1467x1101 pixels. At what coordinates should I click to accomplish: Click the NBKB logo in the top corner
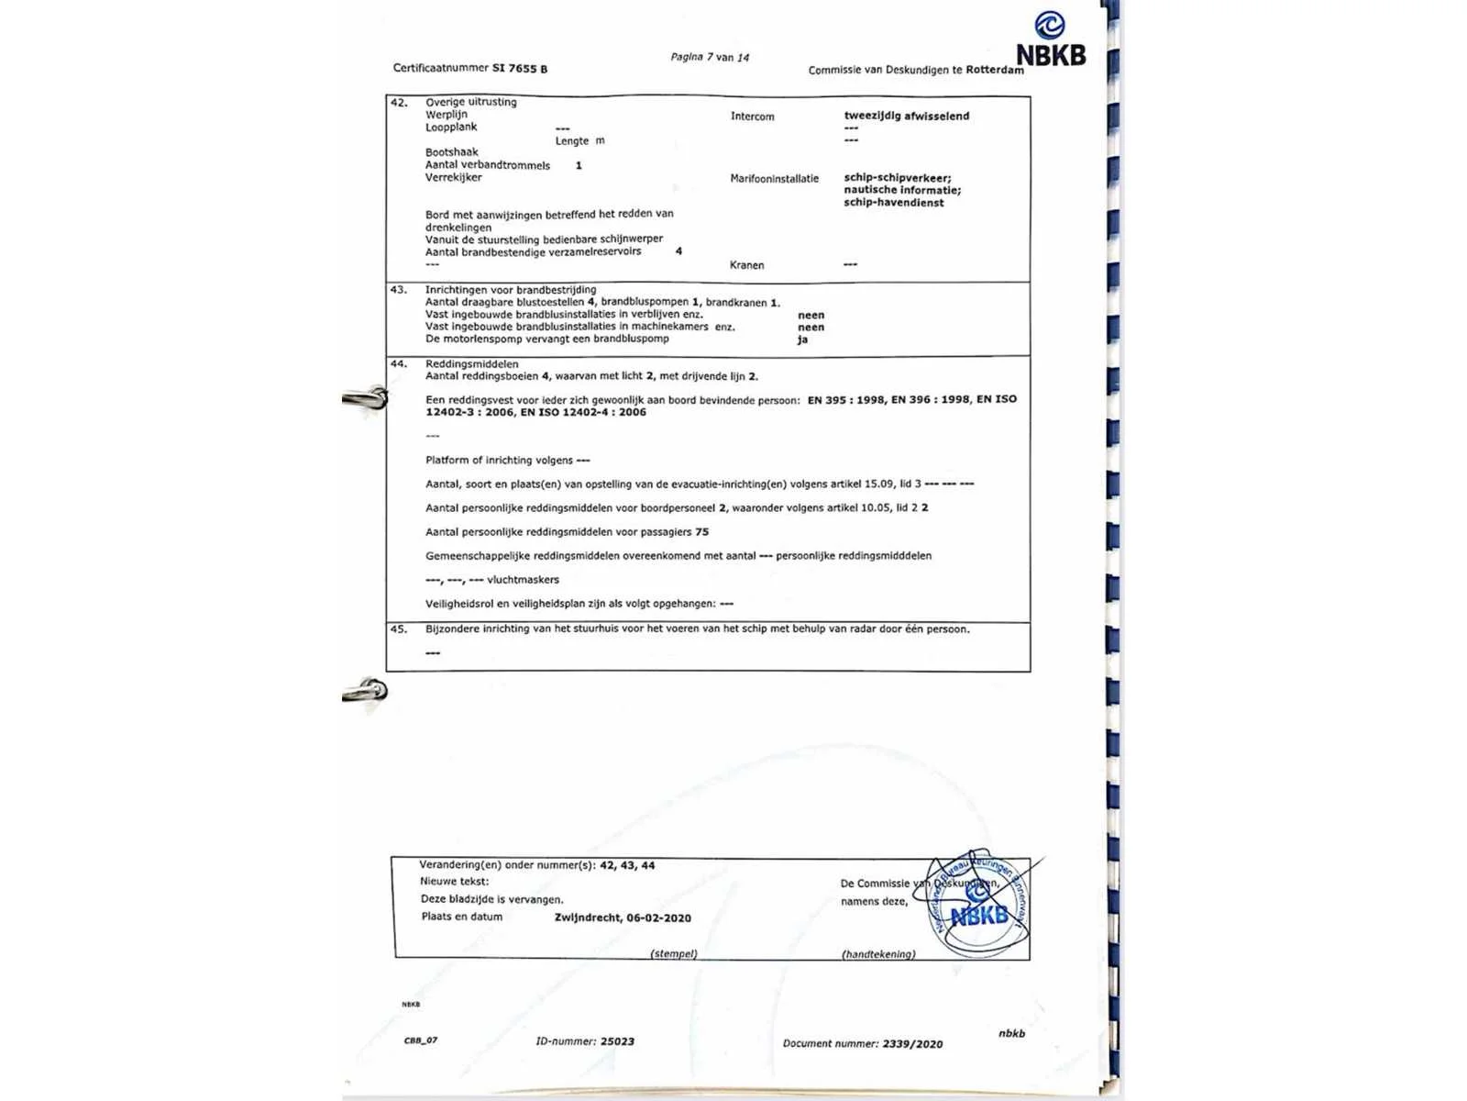tap(1051, 41)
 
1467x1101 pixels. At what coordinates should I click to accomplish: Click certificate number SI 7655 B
tap(519, 69)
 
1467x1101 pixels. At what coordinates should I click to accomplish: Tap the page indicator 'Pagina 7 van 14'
tap(709, 57)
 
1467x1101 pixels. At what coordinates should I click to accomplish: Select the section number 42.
tap(399, 103)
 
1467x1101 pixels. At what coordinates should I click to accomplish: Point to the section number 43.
tap(399, 290)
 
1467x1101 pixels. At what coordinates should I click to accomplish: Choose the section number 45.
tap(399, 629)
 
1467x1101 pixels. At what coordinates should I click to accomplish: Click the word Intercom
tap(752, 117)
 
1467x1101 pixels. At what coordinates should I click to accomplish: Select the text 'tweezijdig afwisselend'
tap(906, 116)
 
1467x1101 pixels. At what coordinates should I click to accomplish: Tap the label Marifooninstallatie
tap(774, 179)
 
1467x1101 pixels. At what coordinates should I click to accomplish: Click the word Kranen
tap(746, 265)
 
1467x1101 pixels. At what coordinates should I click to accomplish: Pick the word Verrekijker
tap(453, 178)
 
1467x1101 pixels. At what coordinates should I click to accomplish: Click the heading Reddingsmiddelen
tap(471, 364)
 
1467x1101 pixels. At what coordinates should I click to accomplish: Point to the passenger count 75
tap(701, 532)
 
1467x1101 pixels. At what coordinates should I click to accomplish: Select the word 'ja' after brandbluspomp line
tap(802, 339)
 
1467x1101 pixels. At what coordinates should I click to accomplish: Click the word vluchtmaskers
tap(523, 580)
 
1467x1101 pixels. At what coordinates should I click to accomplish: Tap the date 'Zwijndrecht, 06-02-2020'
tap(623, 917)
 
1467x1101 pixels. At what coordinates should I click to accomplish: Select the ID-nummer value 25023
tap(617, 1041)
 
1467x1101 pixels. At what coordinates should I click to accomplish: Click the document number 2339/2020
tap(912, 1044)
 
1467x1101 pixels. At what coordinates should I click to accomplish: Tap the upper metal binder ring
tap(367, 398)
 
